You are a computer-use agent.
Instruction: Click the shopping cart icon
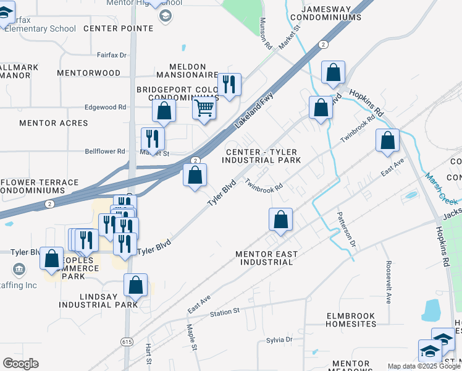point(204,109)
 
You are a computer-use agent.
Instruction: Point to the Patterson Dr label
point(346,229)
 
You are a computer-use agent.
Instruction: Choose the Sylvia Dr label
point(279,340)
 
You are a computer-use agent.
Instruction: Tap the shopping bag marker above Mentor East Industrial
point(280,220)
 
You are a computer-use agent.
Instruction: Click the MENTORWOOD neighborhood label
point(88,73)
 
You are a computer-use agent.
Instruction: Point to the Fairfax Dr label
point(112,55)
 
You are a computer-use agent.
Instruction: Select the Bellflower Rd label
point(105,151)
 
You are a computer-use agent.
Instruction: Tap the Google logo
point(20,364)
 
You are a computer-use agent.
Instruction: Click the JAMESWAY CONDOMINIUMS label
point(332,14)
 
